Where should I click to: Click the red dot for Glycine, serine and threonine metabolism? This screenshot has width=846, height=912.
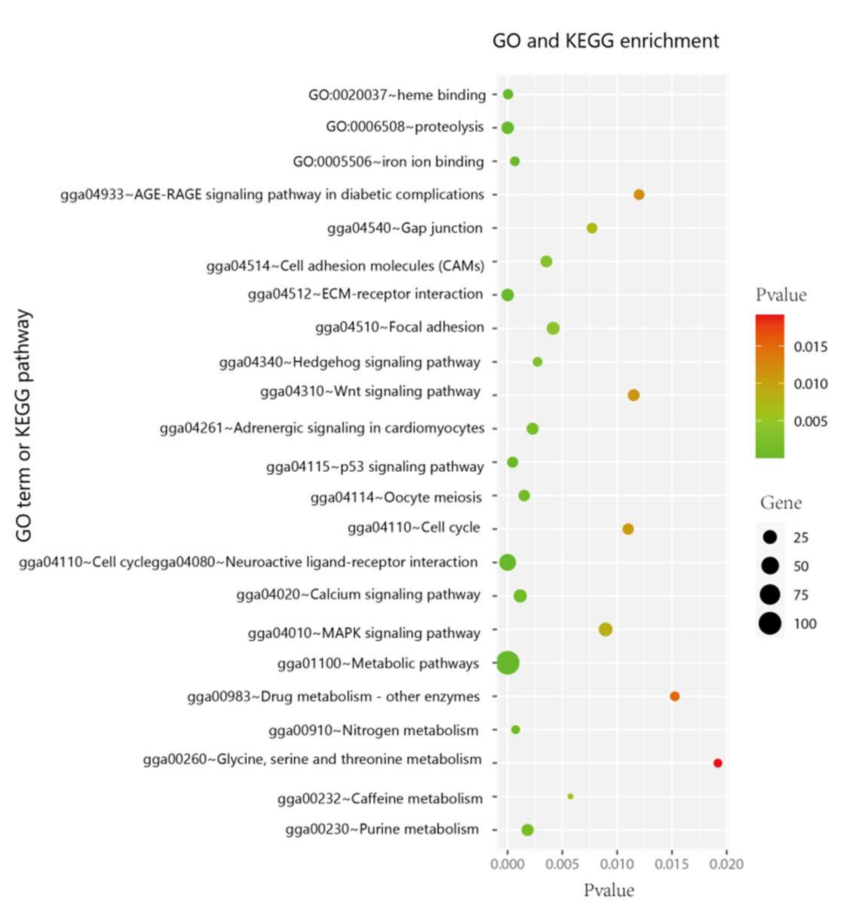(x=717, y=763)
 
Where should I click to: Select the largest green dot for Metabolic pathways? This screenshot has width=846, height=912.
(x=508, y=663)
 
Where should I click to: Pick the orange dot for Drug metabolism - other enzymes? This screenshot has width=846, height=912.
(x=674, y=696)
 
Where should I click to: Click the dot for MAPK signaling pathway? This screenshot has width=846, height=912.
(x=605, y=629)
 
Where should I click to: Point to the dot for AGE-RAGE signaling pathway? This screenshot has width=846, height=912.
(x=639, y=195)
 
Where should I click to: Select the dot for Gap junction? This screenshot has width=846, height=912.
(x=592, y=228)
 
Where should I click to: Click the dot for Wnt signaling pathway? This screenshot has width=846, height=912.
(x=633, y=395)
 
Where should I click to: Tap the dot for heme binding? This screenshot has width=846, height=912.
(x=508, y=94)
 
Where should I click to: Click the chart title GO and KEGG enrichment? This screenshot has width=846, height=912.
(x=605, y=41)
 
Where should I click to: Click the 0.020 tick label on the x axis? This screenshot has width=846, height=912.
(x=726, y=864)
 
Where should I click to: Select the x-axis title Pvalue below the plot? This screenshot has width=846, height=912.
(x=608, y=890)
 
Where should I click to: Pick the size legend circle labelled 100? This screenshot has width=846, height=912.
(x=770, y=623)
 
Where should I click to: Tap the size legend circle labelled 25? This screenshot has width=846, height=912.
(x=770, y=537)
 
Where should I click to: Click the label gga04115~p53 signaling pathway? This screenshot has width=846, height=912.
(x=375, y=466)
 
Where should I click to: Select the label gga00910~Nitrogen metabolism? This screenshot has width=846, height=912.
(x=373, y=730)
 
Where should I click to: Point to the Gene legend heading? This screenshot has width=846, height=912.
(x=781, y=503)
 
